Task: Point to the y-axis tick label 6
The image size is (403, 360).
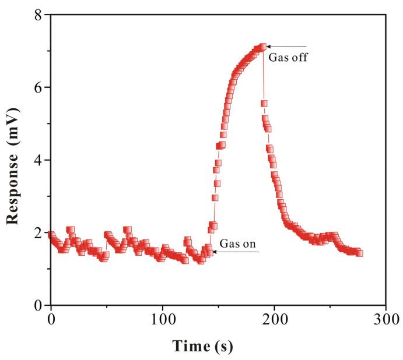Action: (39, 87)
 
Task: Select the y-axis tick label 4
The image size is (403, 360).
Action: (39, 160)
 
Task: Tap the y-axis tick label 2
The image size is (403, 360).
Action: (39, 233)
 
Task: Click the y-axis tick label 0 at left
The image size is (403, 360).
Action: (39, 305)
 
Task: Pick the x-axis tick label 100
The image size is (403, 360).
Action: (162, 320)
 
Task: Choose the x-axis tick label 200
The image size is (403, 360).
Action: (274, 320)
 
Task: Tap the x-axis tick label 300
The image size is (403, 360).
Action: (386, 320)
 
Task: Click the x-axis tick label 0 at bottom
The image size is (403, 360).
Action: (51, 320)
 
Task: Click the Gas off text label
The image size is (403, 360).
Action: (288, 58)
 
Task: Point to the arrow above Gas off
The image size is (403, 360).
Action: (286, 47)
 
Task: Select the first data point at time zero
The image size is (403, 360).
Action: (51, 235)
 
